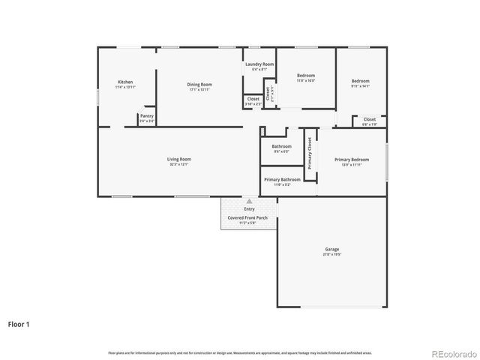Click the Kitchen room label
tap(125, 82)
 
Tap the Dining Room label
tap(199, 84)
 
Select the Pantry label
tap(147, 115)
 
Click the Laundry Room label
tap(259, 64)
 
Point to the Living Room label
tap(178, 158)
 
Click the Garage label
tap(332, 249)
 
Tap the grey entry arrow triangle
tap(249, 202)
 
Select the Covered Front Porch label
tap(247, 217)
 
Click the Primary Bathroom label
tap(282, 179)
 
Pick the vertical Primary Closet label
tap(309, 153)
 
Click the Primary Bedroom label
tap(352, 159)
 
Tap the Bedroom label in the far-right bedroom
tap(361, 81)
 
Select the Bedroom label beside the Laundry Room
tap(305, 75)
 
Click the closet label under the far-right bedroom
tap(370, 118)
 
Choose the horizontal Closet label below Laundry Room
tap(253, 98)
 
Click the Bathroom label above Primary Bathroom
tap(281, 146)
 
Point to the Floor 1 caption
tap(19, 325)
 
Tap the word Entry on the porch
tap(249, 209)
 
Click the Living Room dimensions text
tap(178, 163)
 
